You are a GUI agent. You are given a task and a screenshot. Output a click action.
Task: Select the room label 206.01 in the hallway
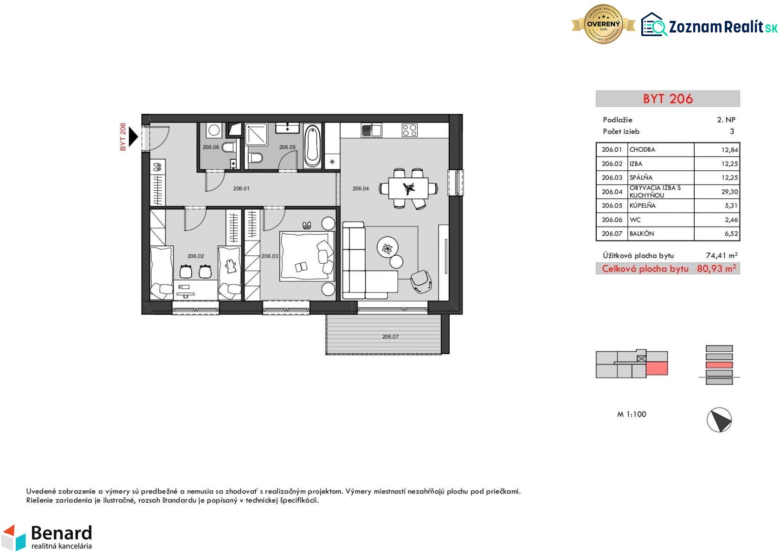coord(241,188)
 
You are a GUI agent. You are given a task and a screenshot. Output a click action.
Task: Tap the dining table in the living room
coord(408,188)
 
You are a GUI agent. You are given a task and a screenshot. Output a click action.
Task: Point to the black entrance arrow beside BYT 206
coord(133,136)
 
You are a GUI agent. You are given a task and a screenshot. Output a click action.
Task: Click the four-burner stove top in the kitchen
coord(410,130)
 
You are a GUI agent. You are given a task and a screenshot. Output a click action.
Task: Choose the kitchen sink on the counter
coord(371,130)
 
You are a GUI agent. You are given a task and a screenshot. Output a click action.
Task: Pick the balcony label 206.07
coord(390,337)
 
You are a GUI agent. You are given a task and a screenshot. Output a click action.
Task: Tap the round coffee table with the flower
coord(387,247)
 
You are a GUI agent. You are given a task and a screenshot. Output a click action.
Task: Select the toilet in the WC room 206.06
coord(229,148)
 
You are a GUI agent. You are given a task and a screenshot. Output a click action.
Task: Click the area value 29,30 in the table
coord(729,192)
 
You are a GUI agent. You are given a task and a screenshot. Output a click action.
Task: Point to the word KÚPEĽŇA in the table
coord(643,206)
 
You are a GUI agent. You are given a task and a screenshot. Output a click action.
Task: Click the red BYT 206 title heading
coord(668,99)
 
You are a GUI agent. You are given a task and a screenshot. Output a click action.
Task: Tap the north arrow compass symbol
coord(719,420)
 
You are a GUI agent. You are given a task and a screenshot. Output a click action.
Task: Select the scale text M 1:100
coord(632,415)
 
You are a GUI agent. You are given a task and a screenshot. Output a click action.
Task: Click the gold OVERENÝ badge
coord(603,24)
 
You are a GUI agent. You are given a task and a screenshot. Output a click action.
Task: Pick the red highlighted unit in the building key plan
coord(657,368)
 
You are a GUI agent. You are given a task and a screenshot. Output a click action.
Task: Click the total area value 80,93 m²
coord(716,269)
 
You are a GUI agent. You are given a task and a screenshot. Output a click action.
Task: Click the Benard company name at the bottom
coord(62,533)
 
